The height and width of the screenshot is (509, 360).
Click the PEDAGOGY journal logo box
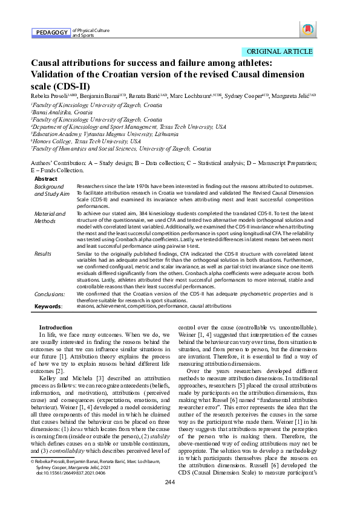tap(50, 32)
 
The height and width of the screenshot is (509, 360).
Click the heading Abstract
tap(46, 179)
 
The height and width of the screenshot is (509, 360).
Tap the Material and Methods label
tap(50, 218)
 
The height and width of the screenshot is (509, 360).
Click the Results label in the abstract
tap(43, 254)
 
